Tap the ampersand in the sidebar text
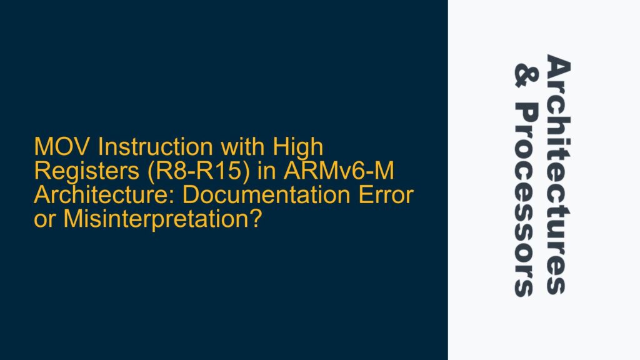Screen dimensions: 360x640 pyautogui.click(x=524, y=72)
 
